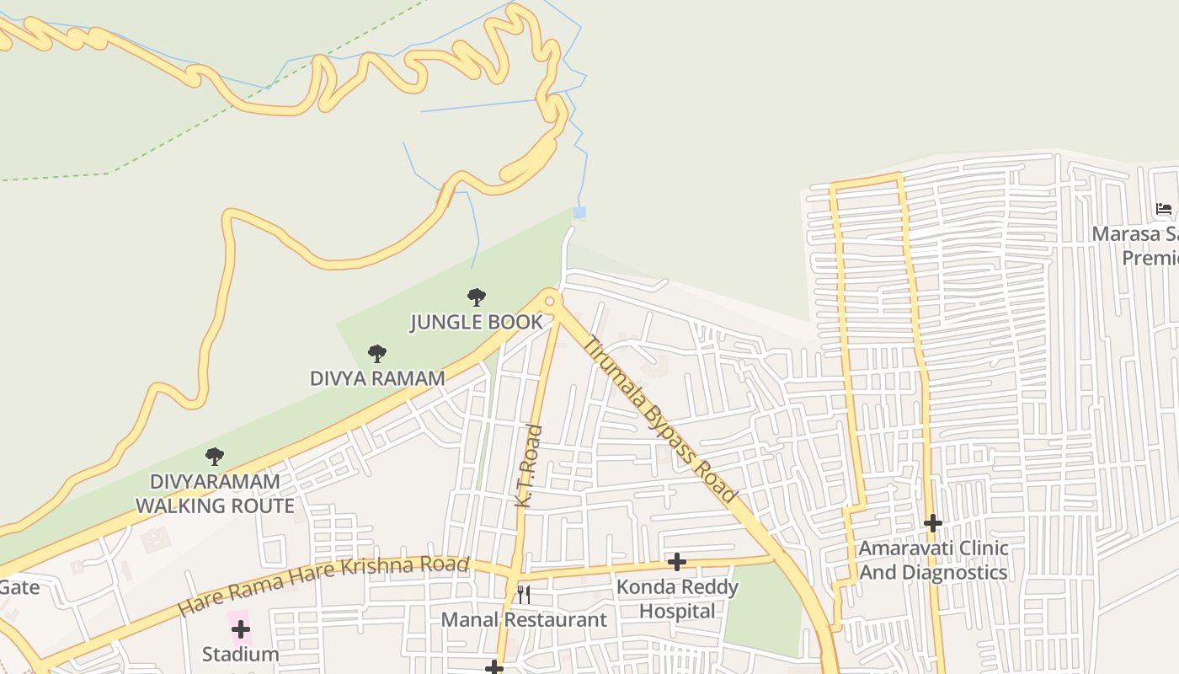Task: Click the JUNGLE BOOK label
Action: pos(476,322)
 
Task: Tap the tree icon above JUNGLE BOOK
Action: pos(477,297)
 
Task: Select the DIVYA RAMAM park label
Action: pos(377,378)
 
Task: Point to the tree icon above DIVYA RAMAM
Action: pos(377,354)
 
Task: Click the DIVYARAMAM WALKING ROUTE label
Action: pos(215,494)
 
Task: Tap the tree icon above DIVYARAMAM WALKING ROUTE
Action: pos(215,457)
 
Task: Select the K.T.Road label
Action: pos(528,466)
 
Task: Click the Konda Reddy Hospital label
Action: pos(677,599)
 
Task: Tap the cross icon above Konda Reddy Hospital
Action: pos(676,562)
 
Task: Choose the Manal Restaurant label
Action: pos(524,620)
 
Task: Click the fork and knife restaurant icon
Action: pos(524,595)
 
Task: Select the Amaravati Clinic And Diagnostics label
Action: pos(933,560)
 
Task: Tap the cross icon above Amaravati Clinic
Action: pos(932,523)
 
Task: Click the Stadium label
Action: pos(240,654)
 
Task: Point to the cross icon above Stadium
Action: pos(241,629)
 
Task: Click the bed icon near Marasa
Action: pos(1164,209)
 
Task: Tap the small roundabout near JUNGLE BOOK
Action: pos(550,301)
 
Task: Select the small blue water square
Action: pos(579,213)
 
